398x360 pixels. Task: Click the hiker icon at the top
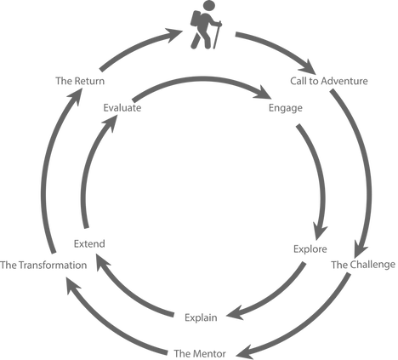coord(206,25)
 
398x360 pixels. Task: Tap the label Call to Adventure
coord(329,81)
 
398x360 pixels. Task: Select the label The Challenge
coord(363,265)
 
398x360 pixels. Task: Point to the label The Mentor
coord(200,353)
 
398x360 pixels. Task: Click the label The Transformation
coord(43,266)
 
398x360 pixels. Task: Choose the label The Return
coord(80,81)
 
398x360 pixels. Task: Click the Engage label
coord(285,108)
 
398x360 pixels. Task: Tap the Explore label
coord(310,249)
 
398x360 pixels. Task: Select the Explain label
coord(201,317)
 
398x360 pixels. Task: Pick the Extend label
coord(89,243)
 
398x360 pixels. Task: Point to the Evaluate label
coord(122,108)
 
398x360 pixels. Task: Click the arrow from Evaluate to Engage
coord(198,79)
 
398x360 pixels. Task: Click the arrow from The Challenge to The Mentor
coord(312,329)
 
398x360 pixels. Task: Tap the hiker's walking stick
coord(217,35)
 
